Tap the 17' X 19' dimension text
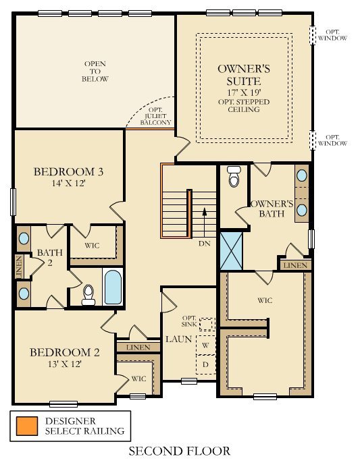point(244,92)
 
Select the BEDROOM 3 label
point(68,171)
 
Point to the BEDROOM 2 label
point(65,352)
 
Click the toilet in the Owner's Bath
point(234,176)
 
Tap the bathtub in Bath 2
point(112,287)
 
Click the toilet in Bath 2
point(88,293)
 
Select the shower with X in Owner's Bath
point(232,249)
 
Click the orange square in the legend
point(26,425)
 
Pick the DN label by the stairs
point(205,243)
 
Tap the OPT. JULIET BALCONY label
point(155,119)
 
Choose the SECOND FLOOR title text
point(179,451)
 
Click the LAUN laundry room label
point(178,338)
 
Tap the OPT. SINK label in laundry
point(188,321)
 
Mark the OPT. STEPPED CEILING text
point(244,106)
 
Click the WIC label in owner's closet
point(265,300)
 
